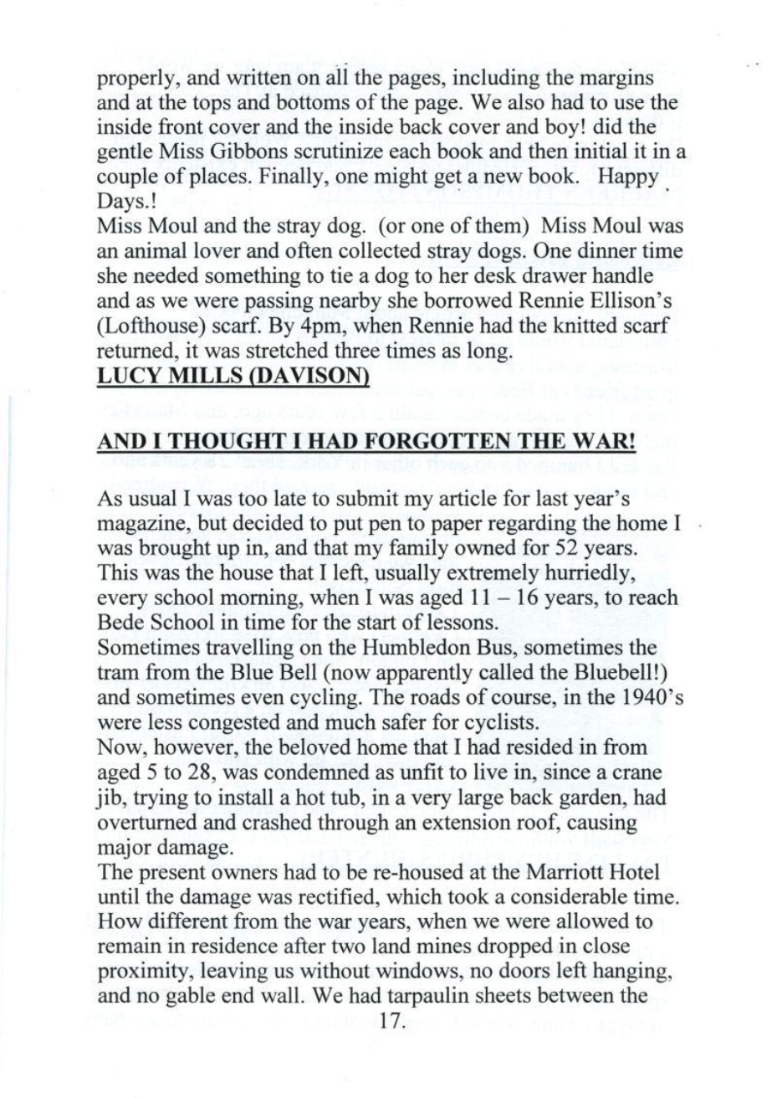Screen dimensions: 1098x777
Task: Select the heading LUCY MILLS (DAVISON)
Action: (234, 377)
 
